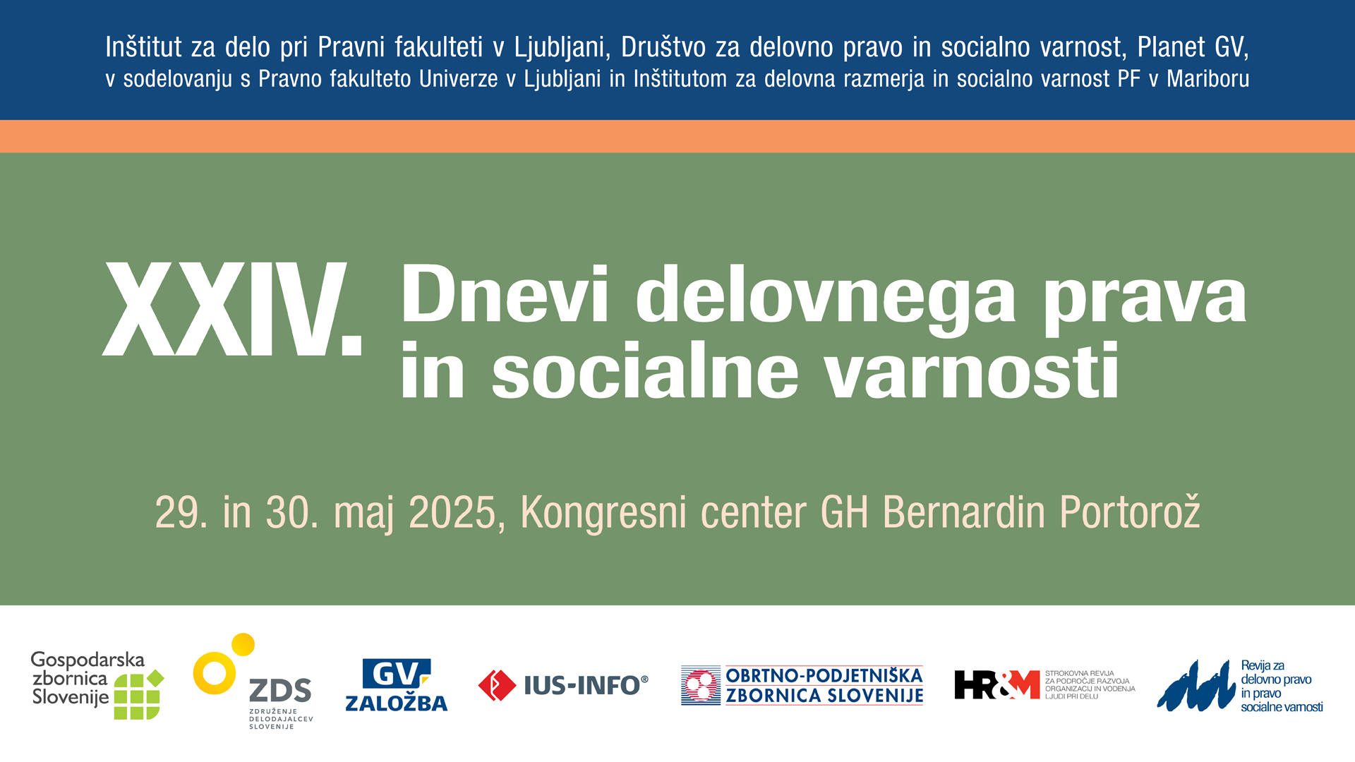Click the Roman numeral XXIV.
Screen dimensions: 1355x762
[x=232, y=308]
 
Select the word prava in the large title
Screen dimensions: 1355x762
[x=1145, y=302]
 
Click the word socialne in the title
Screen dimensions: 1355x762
[x=645, y=370]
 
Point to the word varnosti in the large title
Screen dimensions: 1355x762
[x=972, y=370]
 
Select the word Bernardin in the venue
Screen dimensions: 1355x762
[x=964, y=512]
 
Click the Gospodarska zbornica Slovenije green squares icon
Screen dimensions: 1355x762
[x=138, y=695]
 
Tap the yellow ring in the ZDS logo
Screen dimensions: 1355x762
[x=215, y=673]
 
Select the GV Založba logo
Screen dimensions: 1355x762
[x=396, y=684]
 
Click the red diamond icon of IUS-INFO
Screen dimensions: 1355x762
[x=497, y=685]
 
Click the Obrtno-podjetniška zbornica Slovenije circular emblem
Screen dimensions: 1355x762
[x=701, y=685]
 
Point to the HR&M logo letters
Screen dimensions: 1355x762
[x=997, y=684]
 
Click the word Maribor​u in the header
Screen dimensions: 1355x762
[x=1208, y=79]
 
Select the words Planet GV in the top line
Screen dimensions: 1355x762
[x=1193, y=47]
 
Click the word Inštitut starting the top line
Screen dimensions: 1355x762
[x=144, y=47]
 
